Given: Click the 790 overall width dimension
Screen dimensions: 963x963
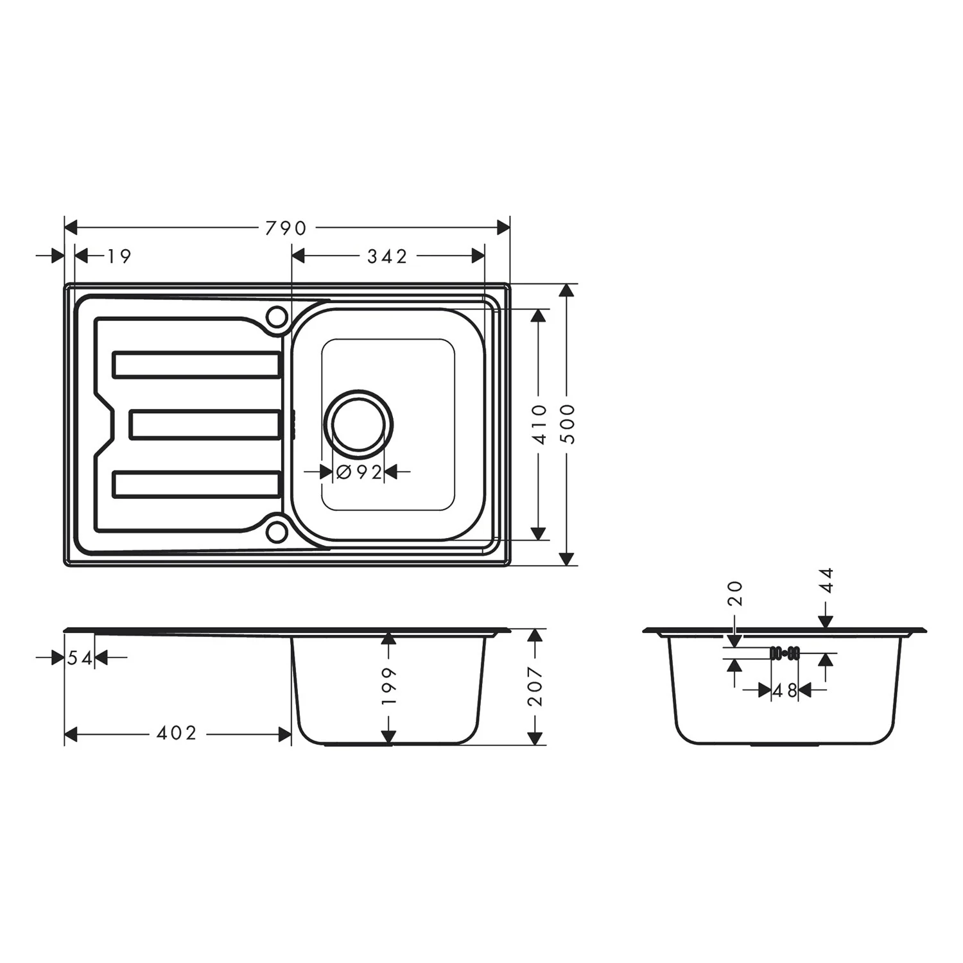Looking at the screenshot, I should point(286,228).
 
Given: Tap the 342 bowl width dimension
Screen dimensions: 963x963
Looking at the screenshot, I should point(387,256).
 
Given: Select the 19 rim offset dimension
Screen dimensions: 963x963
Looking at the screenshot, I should point(119,256).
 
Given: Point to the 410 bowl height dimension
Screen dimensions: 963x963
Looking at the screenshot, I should point(539,424).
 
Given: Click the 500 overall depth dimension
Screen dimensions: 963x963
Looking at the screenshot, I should point(568,424).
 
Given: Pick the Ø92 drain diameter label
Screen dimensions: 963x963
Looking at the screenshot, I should point(360,473).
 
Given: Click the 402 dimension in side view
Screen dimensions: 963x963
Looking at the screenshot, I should point(177,733).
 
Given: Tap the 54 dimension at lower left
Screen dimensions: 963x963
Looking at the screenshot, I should point(80,657).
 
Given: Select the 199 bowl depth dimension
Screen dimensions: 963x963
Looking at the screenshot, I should point(388,686).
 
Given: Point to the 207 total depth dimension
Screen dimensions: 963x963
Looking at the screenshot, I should point(535,686).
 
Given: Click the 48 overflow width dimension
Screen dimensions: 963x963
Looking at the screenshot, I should point(784,691).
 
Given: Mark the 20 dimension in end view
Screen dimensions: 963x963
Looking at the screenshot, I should point(736,593).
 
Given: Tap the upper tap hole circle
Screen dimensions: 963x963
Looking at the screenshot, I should point(277,317).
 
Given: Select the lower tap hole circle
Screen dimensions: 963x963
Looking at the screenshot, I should point(277,530).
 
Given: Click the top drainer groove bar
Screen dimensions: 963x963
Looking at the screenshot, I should point(196,365).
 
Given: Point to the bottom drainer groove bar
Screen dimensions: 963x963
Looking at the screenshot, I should point(196,484).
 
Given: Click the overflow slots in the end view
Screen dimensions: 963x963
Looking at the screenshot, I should point(784,653).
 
